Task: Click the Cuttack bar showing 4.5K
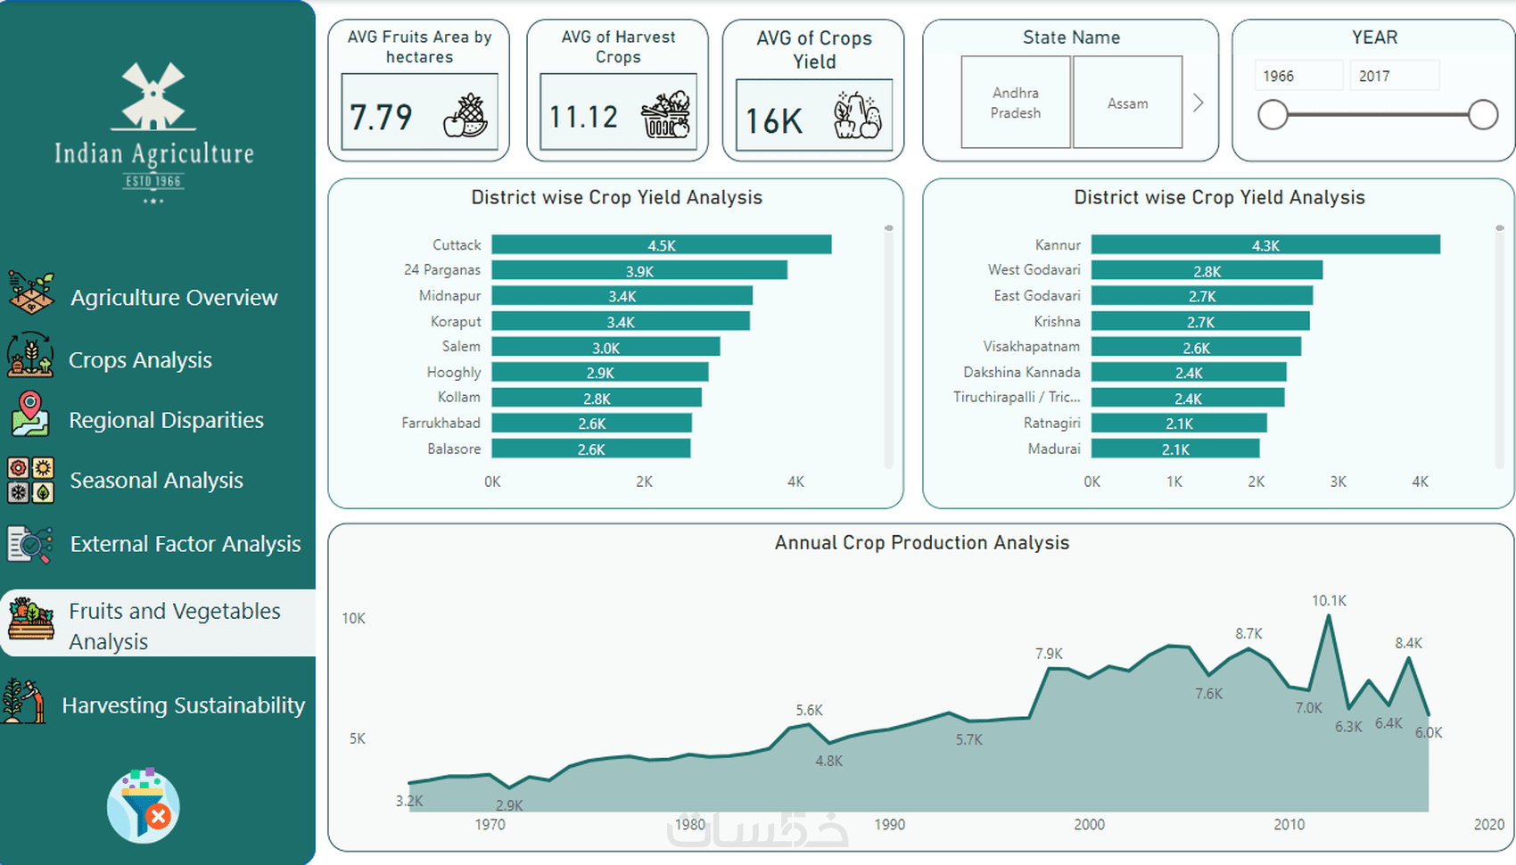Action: coord(661,245)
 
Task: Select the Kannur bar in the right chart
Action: coord(1265,245)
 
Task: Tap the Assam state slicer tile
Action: coord(1127,103)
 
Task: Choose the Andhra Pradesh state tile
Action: coord(1015,103)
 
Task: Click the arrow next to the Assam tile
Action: coord(1199,103)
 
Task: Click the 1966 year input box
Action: coord(1298,76)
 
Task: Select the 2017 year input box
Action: coord(1394,76)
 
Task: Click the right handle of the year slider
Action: coord(1482,114)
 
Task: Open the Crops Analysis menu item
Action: coord(140,360)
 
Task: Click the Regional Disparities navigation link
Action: coord(166,420)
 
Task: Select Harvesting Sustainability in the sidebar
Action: coord(183,705)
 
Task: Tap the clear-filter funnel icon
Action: coord(144,806)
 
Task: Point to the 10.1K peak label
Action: coord(1329,601)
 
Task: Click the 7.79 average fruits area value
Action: coord(381,117)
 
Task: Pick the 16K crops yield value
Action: coord(774,121)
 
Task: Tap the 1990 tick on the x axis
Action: coord(889,825)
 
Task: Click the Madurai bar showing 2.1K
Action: coord(1174,449)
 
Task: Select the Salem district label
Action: coord(461,347)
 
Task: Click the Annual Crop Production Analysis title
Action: coord(921,543)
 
